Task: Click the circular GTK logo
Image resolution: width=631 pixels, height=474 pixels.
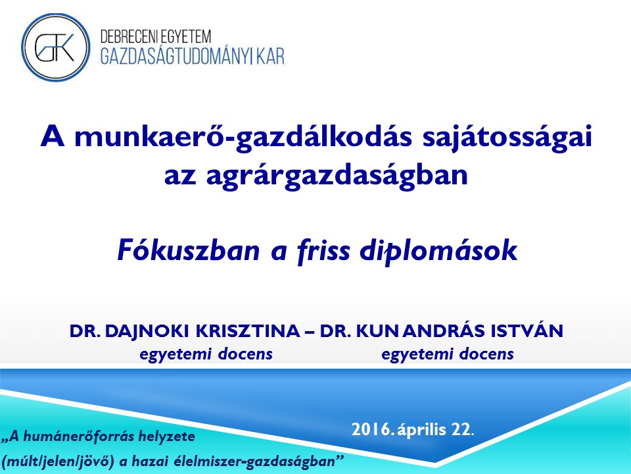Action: point(55,47)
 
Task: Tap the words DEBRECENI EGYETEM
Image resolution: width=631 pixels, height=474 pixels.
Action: point(155,37)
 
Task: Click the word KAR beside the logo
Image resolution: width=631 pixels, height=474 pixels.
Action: point(271,57)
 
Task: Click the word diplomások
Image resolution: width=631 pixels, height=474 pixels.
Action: point(438,251)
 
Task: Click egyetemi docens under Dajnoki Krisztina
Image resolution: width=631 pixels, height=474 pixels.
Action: point(206,354)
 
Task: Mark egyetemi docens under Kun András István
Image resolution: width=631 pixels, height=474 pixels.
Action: point(448,354)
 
